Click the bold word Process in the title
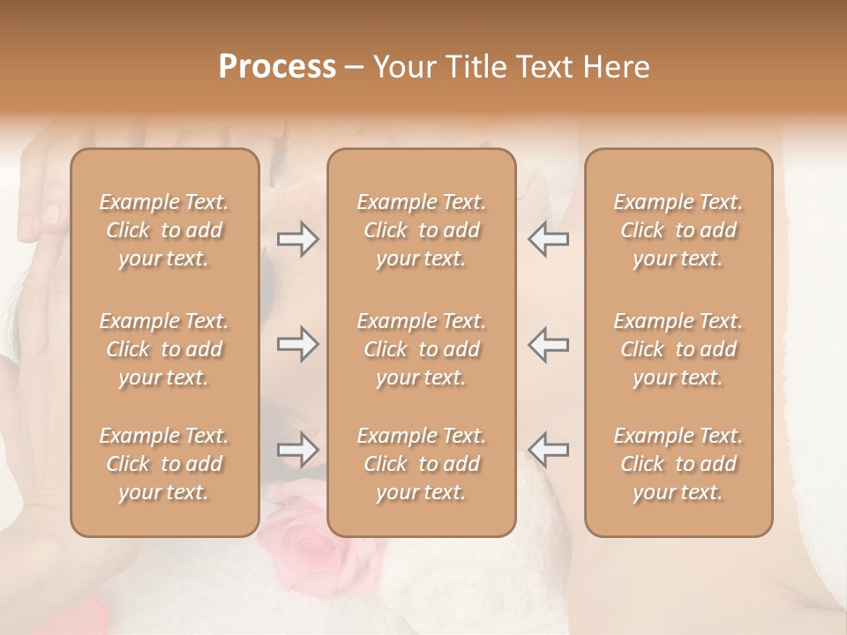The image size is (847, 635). click(277, 67)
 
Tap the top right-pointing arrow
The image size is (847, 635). click(297, 239)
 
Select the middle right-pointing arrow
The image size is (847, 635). click(297, 344)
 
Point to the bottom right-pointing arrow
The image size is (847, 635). click(297, 450)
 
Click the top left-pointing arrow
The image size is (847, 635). click(549, 239)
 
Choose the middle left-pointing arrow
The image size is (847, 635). click(549, 344)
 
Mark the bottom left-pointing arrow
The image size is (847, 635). click(549, 450)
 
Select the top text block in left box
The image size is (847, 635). click(164, 230)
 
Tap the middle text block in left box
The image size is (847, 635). click(164, 349)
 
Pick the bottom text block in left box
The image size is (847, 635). click(164, 464)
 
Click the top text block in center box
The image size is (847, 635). click(422, 230)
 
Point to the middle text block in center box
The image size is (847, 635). click(422, 349)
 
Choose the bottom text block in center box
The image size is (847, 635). click(422, 464)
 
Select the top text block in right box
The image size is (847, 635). click(678, 230)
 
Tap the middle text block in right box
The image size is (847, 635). click(678, 349)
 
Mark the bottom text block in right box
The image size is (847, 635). click(678, 464)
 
